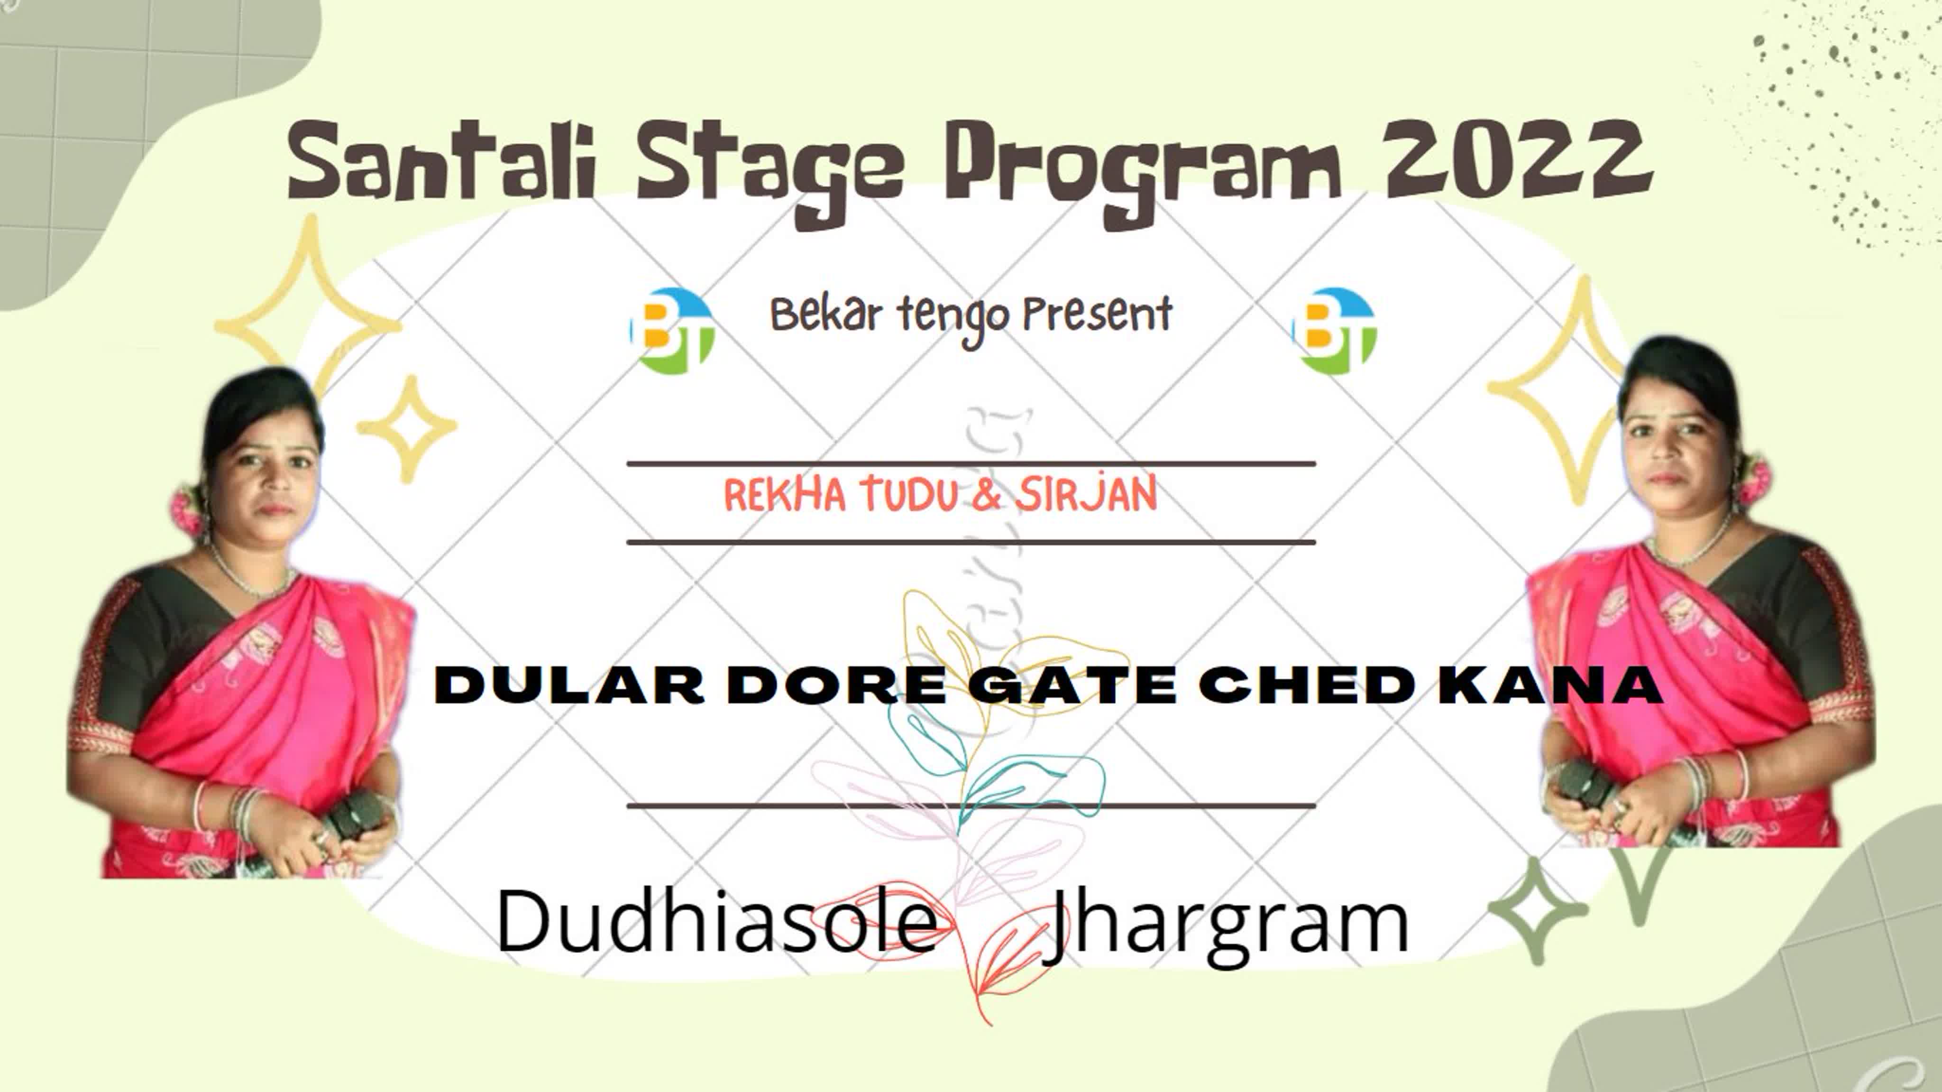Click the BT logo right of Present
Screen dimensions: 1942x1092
(1334, 330)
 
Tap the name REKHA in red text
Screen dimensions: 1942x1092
(785, 495)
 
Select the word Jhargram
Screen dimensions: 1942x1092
(1225, 927)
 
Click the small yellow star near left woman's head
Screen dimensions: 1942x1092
(407, 427)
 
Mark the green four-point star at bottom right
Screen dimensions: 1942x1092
(1538, 910)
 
